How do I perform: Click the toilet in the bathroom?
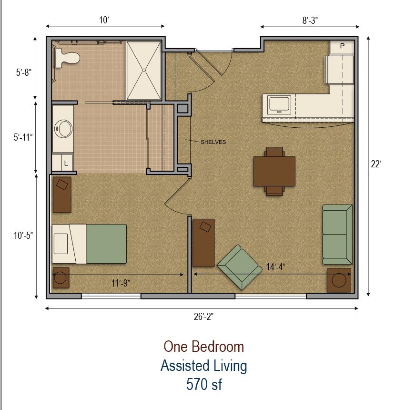click(67, 58)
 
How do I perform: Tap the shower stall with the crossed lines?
click(143, 70)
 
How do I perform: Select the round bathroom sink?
click(63, 128)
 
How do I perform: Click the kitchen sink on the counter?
click(280, 104)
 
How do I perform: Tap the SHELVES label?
click(213, 142)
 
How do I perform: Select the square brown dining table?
click(274, 171)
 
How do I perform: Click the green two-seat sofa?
click(337, 234)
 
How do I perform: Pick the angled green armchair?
click(239, 267)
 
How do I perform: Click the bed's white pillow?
click(61, 244)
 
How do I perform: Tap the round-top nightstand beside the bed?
click(61, 278)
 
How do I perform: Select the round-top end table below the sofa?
click(339, 280)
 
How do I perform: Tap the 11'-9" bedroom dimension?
click(121, 283)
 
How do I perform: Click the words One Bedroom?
click(203, 346)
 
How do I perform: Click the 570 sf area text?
click(203, 384)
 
